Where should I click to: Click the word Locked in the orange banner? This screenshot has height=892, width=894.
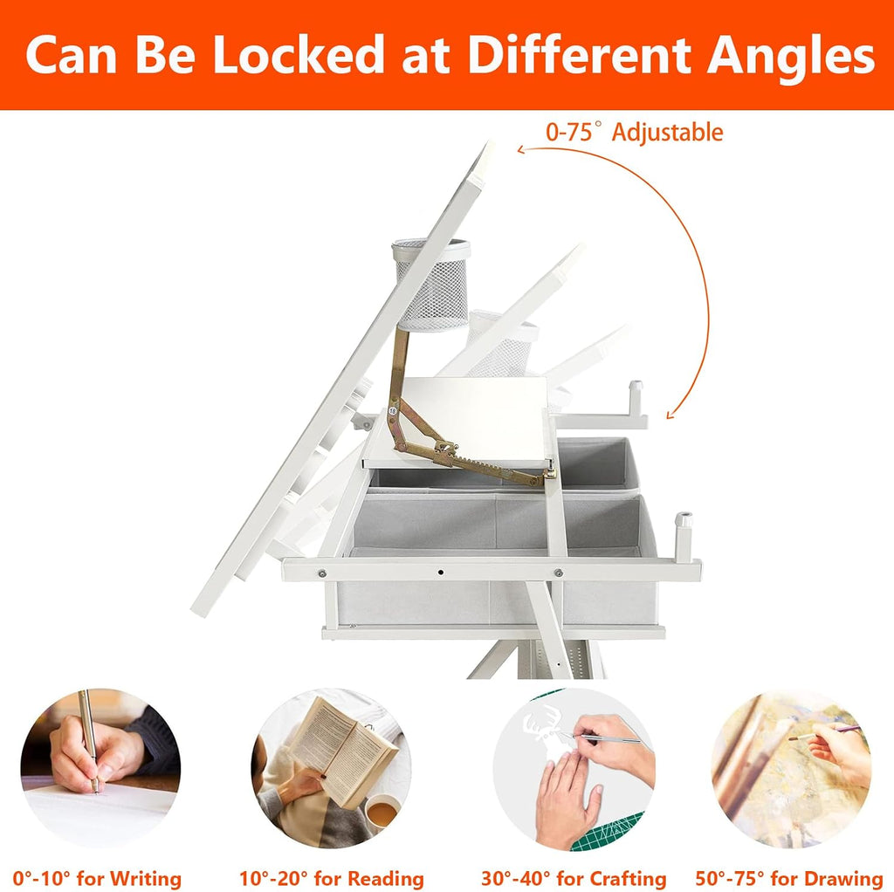299,55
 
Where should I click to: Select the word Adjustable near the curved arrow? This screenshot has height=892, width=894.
667,133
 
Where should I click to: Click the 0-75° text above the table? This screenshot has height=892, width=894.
574,132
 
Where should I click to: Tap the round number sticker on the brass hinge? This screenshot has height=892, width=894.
392,410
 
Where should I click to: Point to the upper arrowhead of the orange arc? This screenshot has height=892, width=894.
522,149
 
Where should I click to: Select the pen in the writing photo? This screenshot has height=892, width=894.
89,740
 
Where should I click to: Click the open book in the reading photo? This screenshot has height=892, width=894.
342,751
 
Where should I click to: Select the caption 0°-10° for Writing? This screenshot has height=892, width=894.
97,878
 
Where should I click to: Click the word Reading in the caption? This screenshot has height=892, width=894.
386,878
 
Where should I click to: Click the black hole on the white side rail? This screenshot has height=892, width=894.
441,572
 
